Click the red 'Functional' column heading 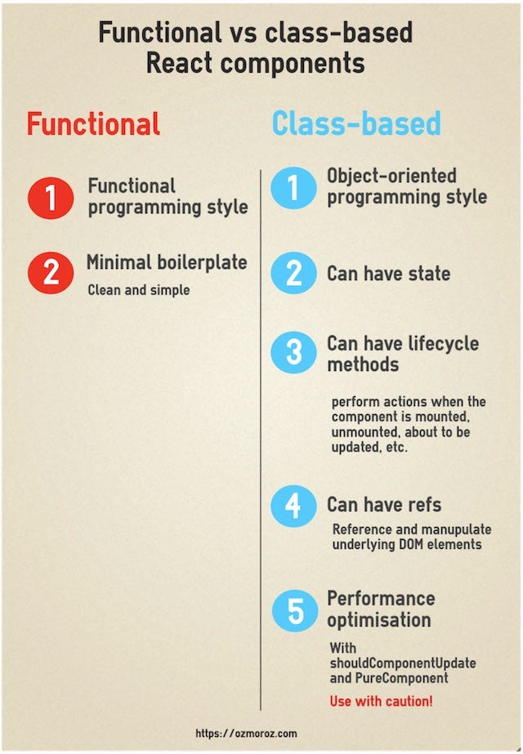coord(93,124)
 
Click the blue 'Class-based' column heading coord(356,124)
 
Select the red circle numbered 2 coord(51,272)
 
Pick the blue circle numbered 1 coord(293,188)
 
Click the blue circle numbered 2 coord(293,273)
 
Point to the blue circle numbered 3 coord(293,353)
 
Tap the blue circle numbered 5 coord(293,609)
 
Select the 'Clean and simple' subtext coord(138,290)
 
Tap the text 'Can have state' coord(388,273)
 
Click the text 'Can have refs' coord(384,504)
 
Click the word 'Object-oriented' coord(391,176)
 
